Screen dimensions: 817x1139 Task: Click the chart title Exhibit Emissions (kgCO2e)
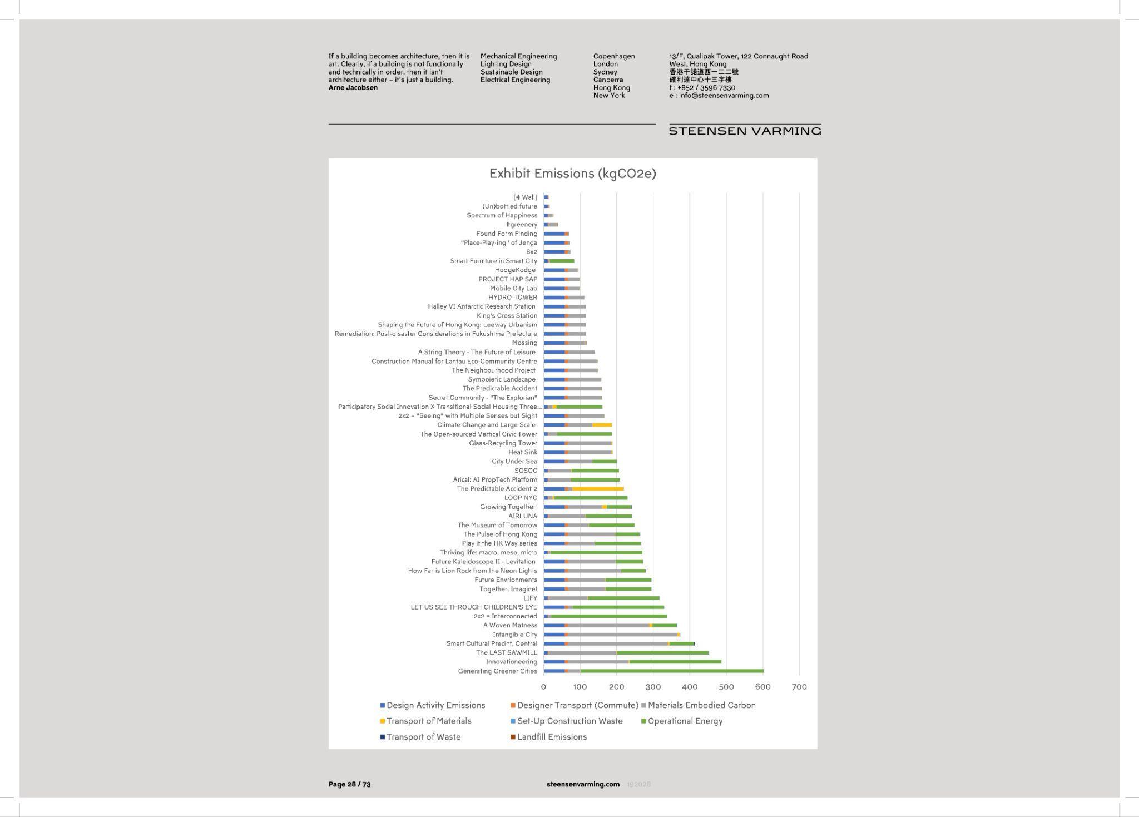point(572,174)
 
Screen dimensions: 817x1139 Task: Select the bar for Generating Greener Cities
point(653,671)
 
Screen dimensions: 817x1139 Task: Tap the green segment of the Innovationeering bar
point(675,662)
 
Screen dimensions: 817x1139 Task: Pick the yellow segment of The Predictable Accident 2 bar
point(598,489)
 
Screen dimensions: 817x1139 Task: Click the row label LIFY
point(530,598)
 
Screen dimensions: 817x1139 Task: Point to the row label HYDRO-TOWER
point(513,298)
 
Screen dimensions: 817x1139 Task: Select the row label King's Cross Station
point(507,316)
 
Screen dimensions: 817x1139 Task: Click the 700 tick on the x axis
point(799,687)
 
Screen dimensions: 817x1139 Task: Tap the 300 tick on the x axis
point(653,687)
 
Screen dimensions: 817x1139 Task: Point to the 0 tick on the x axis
point(543,687)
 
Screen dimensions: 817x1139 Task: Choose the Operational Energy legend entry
point(685,721)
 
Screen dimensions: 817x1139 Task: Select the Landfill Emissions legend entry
point(551,737)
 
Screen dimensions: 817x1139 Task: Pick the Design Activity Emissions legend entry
point(435,705)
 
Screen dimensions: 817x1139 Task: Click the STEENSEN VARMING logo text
point(745,131)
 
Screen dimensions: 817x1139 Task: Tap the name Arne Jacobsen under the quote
point(353,88)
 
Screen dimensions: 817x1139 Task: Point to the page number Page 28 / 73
point(349,784)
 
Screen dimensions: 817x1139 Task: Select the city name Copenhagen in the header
point(613,56)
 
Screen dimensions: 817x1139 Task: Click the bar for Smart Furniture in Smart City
point(559,261)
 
